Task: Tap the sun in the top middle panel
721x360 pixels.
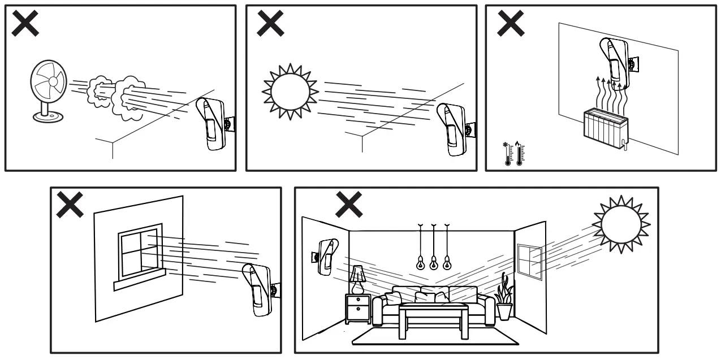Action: (x=290, y=91)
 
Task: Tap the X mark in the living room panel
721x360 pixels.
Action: (x=349, y=204)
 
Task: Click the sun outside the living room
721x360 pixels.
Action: (x=621, y=222)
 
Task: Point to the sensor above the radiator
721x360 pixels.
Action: (x=613, y=62)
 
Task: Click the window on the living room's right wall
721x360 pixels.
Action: (x=530, y=262)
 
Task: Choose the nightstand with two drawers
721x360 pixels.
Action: (x=357, y=309)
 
